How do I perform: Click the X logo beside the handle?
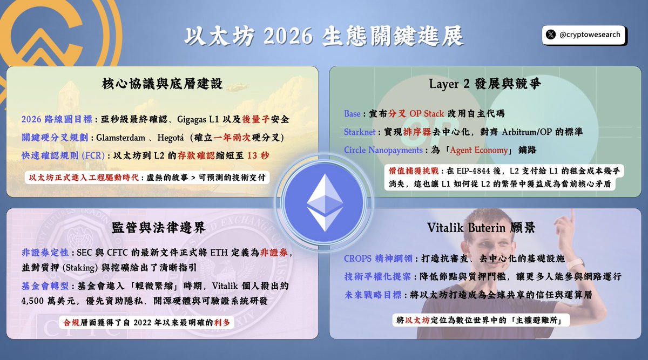click(550, 35)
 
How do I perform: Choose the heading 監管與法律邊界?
click(162, 228)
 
